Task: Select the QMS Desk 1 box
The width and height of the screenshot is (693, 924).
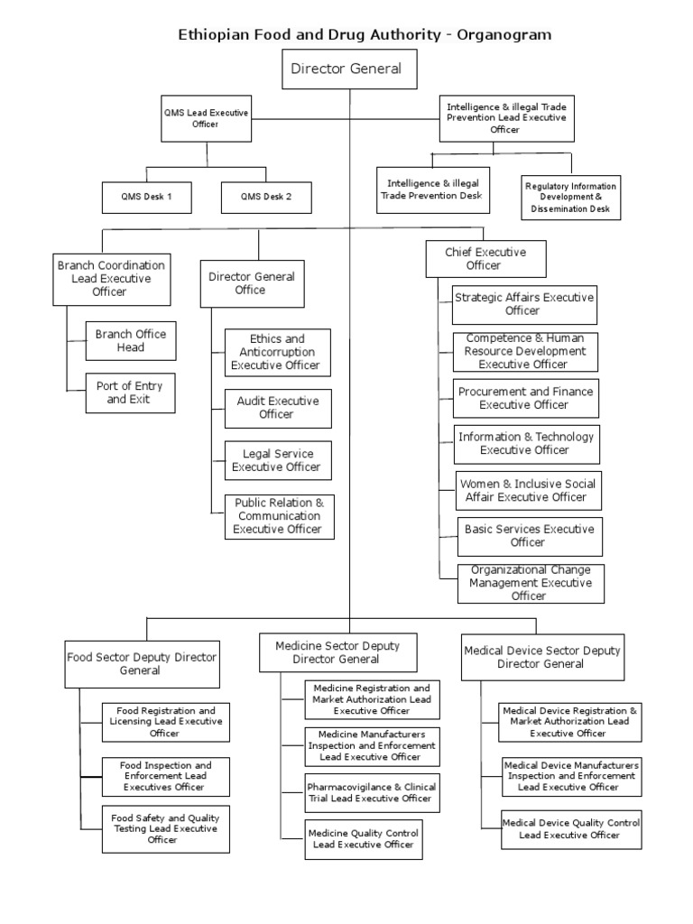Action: tap(146, 196)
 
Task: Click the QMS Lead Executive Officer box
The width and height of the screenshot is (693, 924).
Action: tap(205, 118)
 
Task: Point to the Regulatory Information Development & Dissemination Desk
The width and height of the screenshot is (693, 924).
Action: tap(568, 198)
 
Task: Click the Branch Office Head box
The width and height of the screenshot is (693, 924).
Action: tap(130, 341)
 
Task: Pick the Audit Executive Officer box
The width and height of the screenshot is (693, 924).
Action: tap(277, 407)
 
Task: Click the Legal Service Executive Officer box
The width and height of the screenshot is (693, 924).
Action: tap(277, 460)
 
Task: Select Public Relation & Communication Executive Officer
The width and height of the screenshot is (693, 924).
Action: tap(278, 516)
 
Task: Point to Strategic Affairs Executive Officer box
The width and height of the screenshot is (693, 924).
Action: tap(523, 304)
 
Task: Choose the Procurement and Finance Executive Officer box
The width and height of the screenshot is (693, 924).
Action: tap(524, 398)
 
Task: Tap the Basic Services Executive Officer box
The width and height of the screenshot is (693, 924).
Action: tap(527, 536)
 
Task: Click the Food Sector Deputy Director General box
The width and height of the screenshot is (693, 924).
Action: tap(142, 663)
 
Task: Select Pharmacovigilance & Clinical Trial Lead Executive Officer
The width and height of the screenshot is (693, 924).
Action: tap(372, 792)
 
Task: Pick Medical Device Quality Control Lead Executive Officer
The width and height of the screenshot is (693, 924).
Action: tap(570, 829)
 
